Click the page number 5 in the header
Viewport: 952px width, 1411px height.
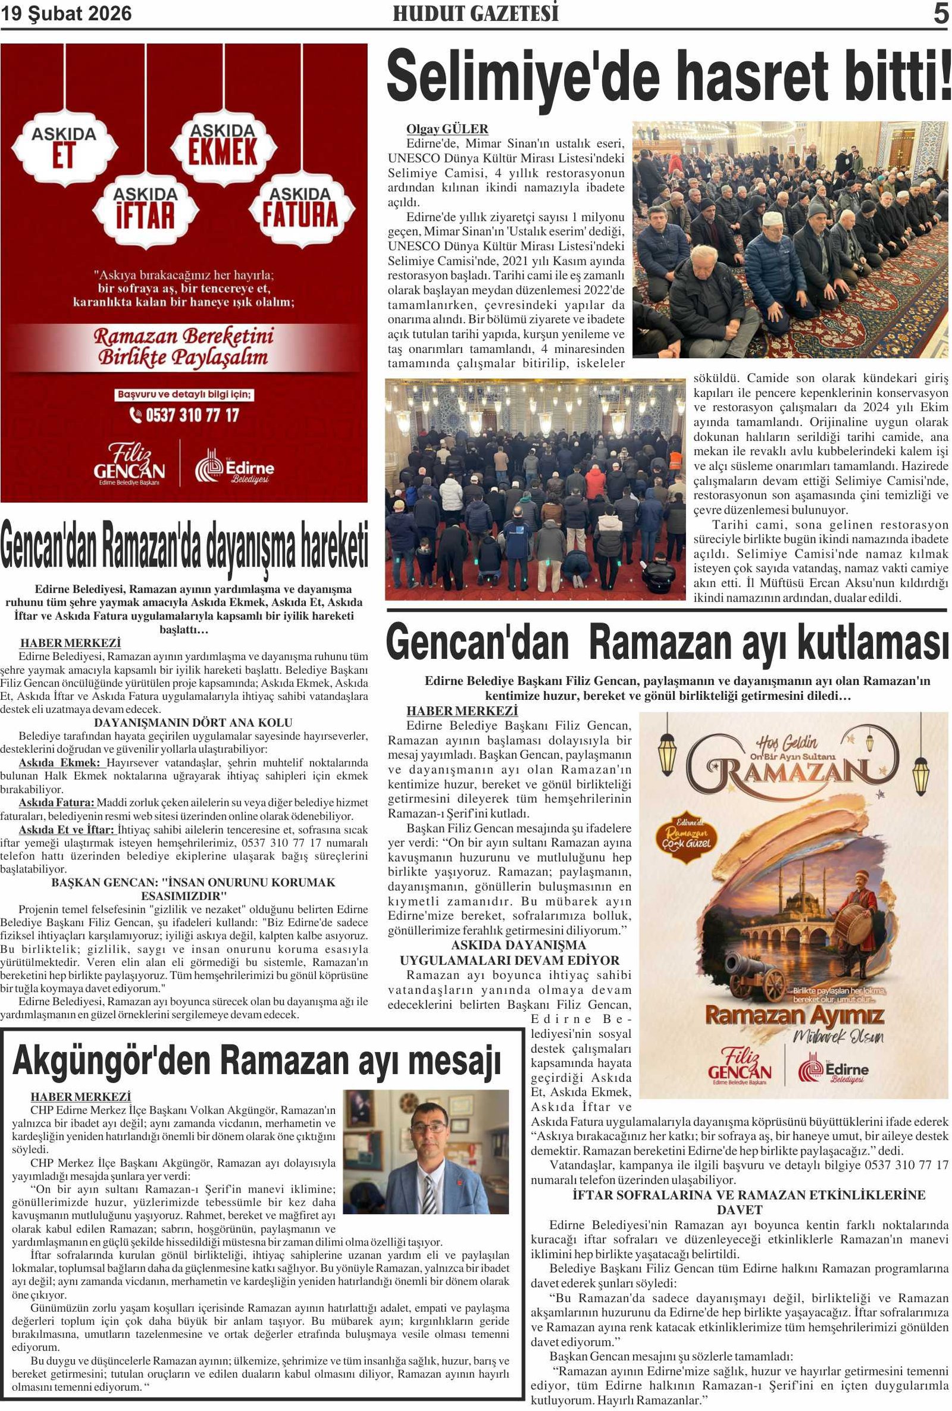[941, 14]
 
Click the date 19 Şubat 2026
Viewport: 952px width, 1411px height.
[66, 14]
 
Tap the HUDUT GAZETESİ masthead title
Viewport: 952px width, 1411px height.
[475, 14]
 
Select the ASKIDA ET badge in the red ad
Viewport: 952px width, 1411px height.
[64, 146]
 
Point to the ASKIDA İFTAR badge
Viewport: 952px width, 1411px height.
[145, 208]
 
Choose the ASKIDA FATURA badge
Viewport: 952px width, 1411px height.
[299, 208]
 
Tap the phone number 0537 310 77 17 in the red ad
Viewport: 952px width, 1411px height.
[185, 415]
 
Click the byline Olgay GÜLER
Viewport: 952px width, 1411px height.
[447, 129]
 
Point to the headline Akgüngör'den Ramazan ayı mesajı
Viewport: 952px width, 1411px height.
[256, 1060]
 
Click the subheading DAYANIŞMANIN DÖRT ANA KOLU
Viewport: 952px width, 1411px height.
[193, 722]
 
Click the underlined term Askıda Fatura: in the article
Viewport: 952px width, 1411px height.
[57, 803]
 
